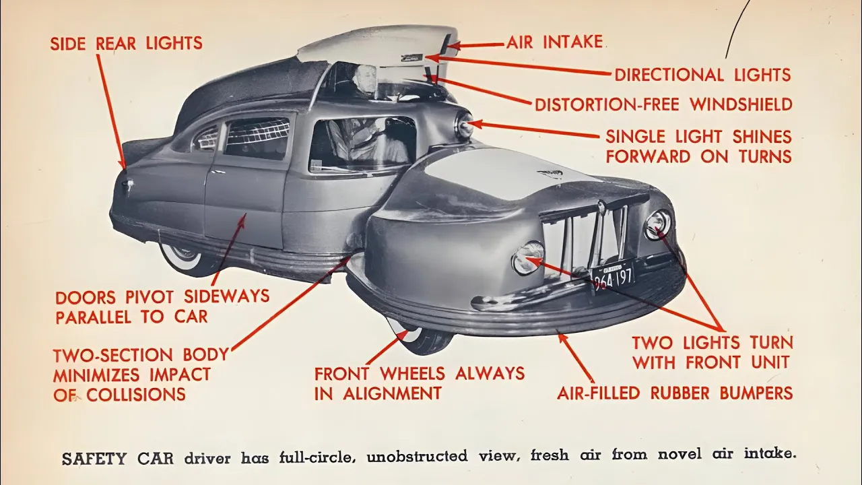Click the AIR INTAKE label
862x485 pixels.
(x=554, y=42)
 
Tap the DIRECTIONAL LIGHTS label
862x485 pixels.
(x=702, y=74)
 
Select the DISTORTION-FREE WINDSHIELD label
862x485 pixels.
(x=663, y=104)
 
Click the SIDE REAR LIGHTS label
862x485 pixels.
(x=126, y=43)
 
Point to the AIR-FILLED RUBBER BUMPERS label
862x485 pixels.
(x=675, y=393)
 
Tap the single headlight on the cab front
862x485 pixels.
(x=465, y=125)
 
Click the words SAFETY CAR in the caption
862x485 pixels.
(x=117, y=459)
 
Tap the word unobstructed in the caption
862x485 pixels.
(x=417, y=457)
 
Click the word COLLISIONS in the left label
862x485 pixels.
(x=136, y=395)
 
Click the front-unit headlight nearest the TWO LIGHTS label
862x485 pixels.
(x=658, y=225)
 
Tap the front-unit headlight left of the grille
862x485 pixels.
(x=529, y=257)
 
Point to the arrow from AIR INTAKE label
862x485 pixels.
(x=475, y=45)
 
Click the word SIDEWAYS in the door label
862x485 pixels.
(x=227, y=296)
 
